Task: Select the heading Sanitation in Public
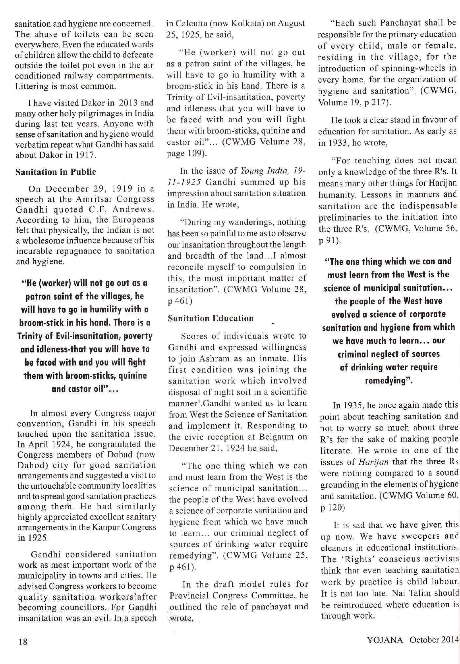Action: point(56,172)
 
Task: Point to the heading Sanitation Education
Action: point(211,318)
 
